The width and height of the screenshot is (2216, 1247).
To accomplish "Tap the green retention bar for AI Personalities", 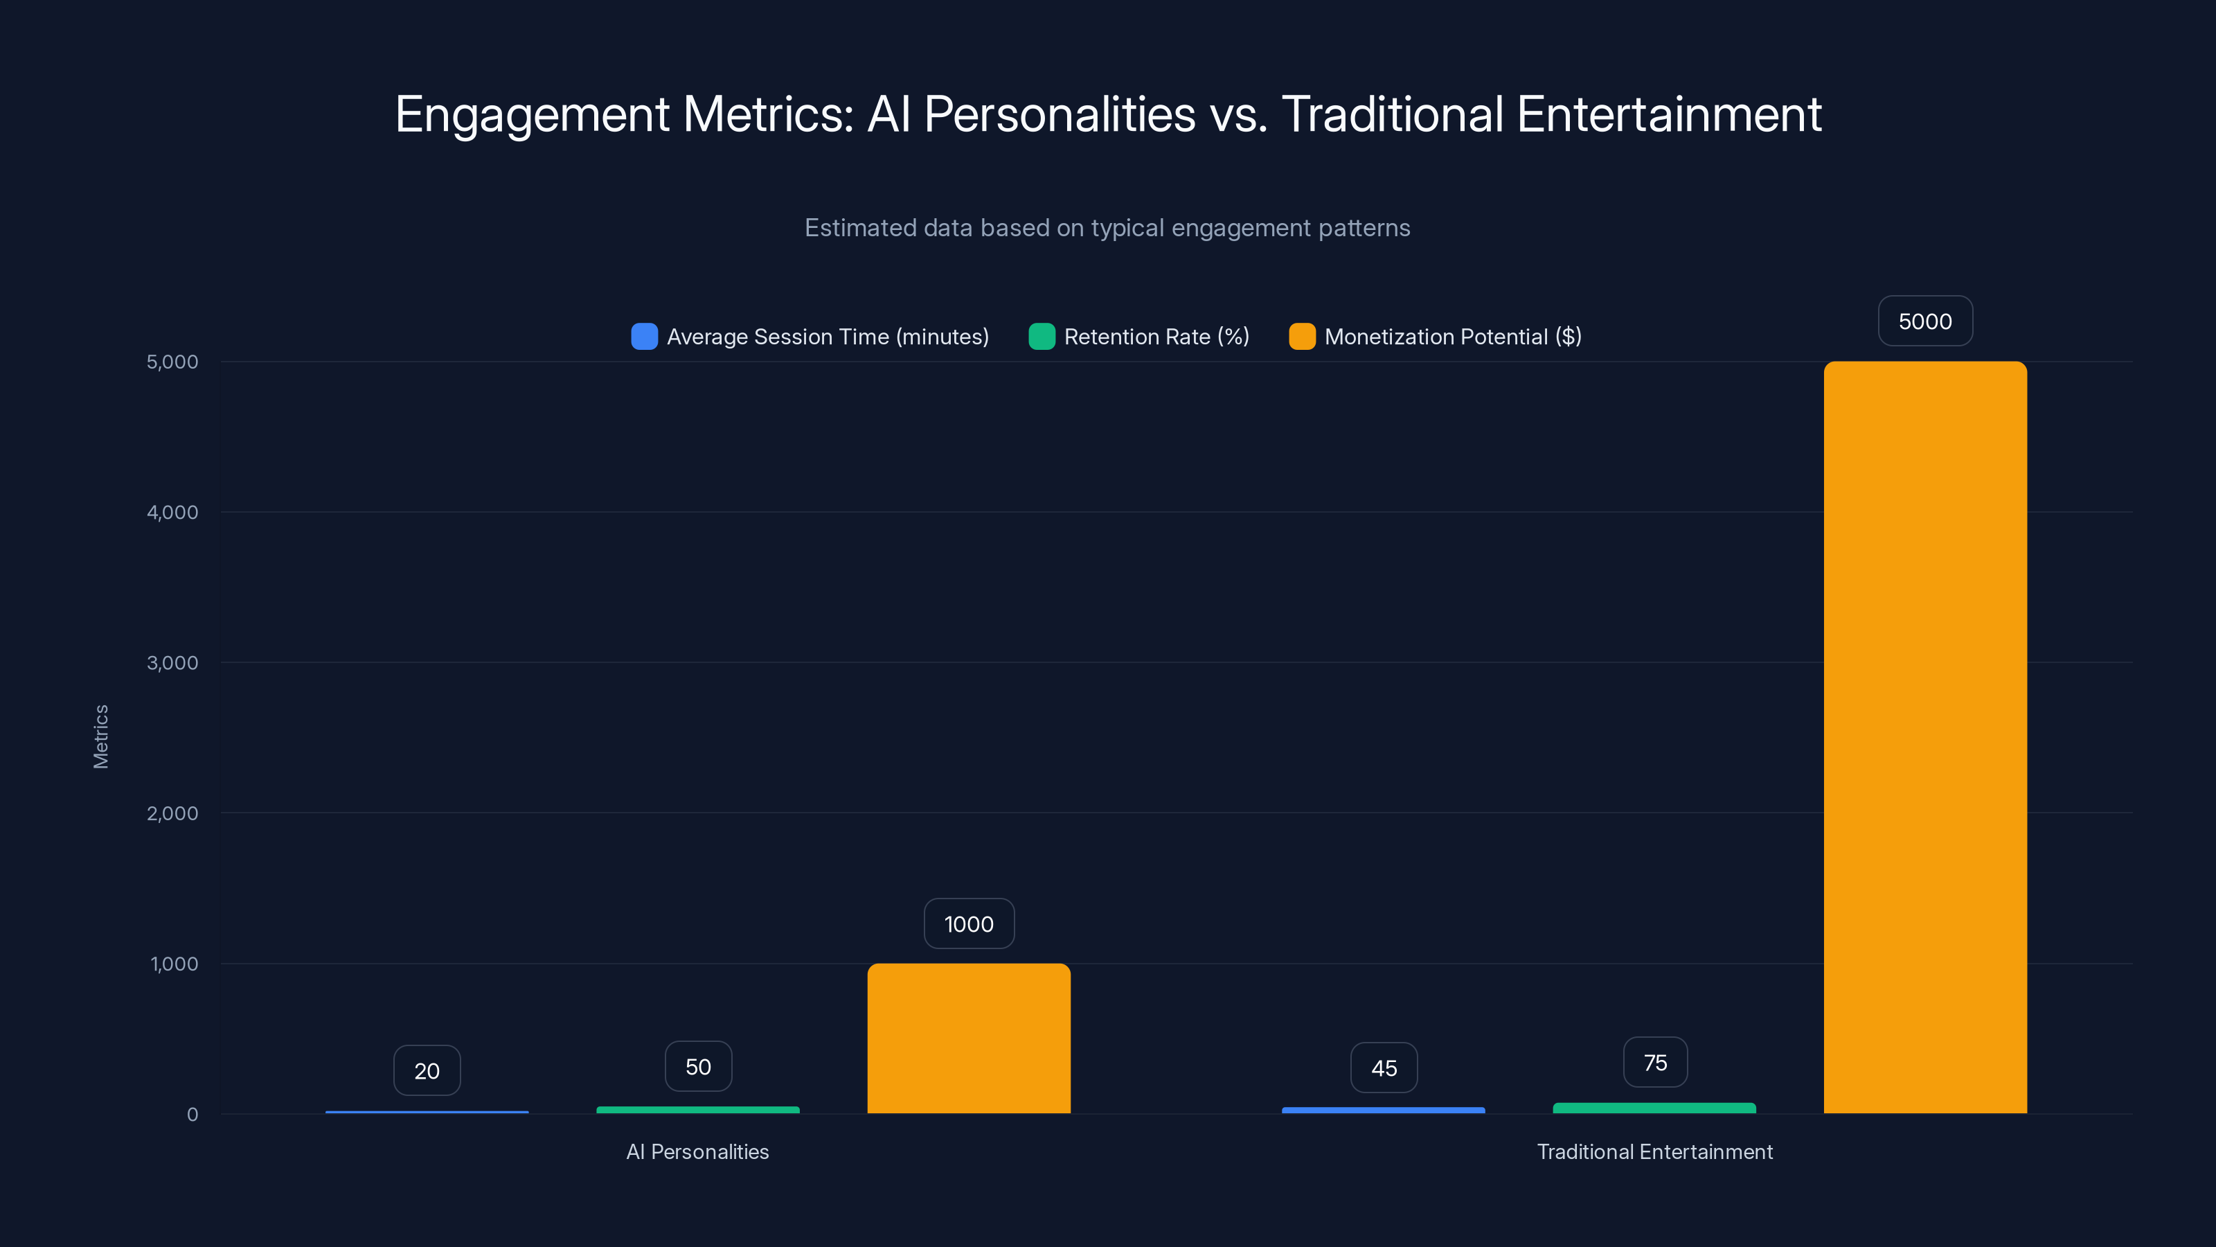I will (697, 1109).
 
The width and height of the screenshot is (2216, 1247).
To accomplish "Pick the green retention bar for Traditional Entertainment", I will (1654, 1108).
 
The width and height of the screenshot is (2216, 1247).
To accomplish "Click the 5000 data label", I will (1925, 321).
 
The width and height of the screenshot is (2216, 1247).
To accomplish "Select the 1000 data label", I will (969, 923).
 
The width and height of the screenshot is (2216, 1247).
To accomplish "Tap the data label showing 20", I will (427, 1070).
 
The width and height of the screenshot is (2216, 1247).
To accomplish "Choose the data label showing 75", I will (1655, 1062).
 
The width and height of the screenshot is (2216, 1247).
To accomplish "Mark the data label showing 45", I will (1384, 1068).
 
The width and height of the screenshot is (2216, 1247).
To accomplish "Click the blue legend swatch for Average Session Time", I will (644, 337).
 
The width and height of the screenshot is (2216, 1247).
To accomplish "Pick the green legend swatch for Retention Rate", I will (1042, 337).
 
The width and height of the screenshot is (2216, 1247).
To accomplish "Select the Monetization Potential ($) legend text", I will (1453, 337).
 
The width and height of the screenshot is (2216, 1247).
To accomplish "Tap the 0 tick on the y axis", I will (193, 1115).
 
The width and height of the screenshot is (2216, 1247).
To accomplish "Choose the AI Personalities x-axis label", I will (697, 1151).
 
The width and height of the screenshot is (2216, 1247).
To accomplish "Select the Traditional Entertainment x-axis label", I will (1654, 1151).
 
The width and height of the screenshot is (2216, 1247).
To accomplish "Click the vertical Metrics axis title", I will (100, 736).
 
